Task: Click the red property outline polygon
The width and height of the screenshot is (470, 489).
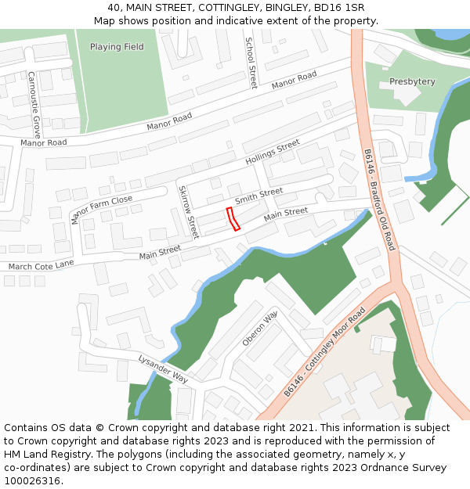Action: coord(233,219)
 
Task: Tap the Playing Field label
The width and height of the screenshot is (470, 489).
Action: coord(117,47)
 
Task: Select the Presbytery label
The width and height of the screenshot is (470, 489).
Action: coord(412,81)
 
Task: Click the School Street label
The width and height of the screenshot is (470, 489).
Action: coord(251,63)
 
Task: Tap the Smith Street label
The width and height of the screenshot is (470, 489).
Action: coord(259,193)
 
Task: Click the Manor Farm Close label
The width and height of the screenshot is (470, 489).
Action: coord(101,209)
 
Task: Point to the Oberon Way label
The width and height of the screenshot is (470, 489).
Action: coord(260,328)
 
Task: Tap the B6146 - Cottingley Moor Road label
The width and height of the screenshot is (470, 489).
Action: coord(324,351)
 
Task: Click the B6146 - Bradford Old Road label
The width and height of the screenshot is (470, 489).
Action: coord(381,200)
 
